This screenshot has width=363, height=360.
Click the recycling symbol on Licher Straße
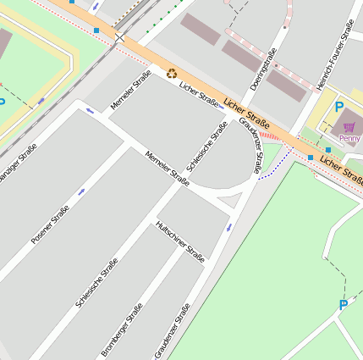click(173, 74)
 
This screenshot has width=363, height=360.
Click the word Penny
click(349, 138)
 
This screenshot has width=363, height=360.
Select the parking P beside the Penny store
click(339, 107)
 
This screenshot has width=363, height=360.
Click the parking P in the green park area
click(343, 305)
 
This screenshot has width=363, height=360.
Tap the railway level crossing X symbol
click(119, 37)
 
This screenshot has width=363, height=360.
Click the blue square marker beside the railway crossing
click(96, 30)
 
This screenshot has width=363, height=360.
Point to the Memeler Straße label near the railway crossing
click(131, 91)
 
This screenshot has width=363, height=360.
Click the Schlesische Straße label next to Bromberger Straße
click(96, 281)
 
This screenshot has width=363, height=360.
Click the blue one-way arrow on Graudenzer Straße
click(228, 227)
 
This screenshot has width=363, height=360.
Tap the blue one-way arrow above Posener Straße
click(82, 191)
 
